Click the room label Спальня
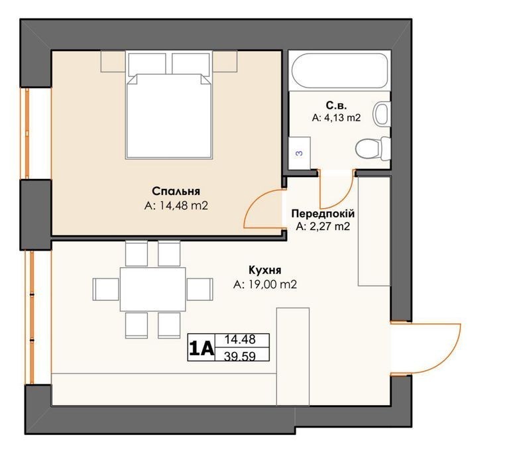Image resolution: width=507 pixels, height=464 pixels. tap(176, 191)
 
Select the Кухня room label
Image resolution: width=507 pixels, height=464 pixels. tap(265, 270)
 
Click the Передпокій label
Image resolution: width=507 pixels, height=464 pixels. tap(323, 213)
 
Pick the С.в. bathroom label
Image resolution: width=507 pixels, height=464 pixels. tap(336, 105)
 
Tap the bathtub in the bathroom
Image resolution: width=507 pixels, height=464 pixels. tap(339, 70)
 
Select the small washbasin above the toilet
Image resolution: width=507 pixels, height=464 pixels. tap(382, 114)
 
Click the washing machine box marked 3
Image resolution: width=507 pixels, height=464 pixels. tap(300, 153)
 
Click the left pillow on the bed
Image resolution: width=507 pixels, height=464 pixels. tap(147, 64)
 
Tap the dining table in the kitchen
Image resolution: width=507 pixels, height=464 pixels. tap(153, 289)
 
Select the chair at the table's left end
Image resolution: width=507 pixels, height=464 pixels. tap(106, 290)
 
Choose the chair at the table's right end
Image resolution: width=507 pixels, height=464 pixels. tap(200, 290)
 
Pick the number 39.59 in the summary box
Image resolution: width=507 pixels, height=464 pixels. tap(240, 356)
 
